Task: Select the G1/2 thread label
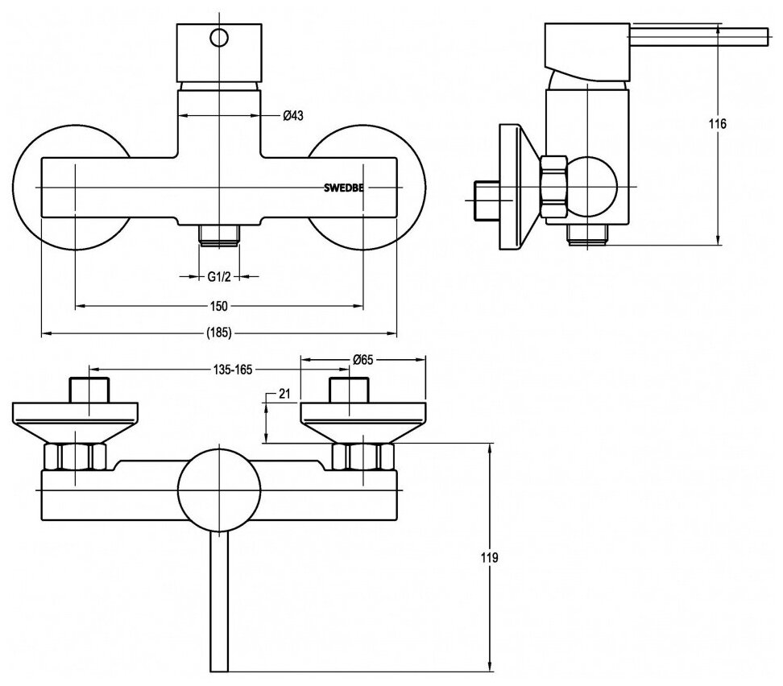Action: (220, 277)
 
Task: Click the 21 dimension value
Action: (283, 394)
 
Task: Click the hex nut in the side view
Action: (554, 187)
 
